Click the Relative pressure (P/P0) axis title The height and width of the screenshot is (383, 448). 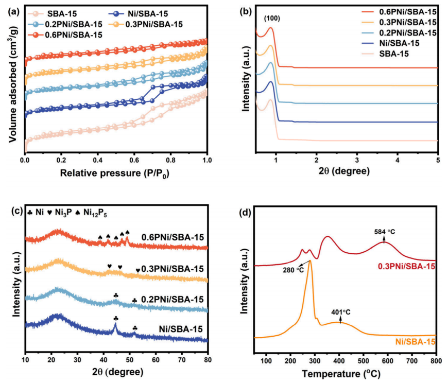pyautogui.click(x=115, y=173)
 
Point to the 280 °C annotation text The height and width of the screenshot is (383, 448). pyautogui.click(x=292, y=270)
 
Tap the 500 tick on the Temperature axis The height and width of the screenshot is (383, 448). pyautogui.click(x=363, y=359)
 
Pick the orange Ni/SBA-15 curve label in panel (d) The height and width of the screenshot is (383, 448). pyautogui.click(x=415, y=342)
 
